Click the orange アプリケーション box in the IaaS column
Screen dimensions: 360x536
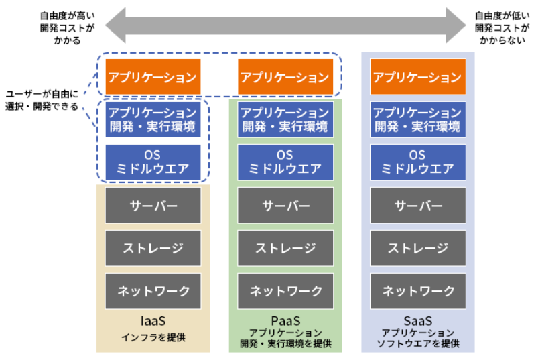[x=153, y=77]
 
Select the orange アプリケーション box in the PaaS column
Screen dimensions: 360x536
[x=285, y=77]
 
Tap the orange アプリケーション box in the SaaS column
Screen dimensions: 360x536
[x=418, y=77]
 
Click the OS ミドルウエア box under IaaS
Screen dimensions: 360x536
[x=153, y=162]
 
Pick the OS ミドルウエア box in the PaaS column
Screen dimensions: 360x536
[x=285, y=162]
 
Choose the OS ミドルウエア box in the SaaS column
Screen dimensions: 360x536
[x=418, y=162]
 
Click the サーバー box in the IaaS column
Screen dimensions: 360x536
[x=153, y=205]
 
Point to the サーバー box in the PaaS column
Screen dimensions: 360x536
[x=285, y=205]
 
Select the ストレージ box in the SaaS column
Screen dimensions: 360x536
[x=418, y=248]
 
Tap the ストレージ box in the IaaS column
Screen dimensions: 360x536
[x=153, y=248]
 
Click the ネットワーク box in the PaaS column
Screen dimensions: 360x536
[x=285, y=291]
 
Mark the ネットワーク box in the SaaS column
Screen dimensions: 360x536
[x=418, y=291]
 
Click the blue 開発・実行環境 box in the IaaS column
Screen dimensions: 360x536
[x=153, y=119]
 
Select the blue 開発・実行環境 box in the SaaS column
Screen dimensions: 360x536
[x=418, y=119]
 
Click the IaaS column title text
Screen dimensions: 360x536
[x=153, y=320]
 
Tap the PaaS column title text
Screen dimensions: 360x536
[x=285, y=320]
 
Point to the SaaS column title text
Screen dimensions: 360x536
[x=418, y=320]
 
